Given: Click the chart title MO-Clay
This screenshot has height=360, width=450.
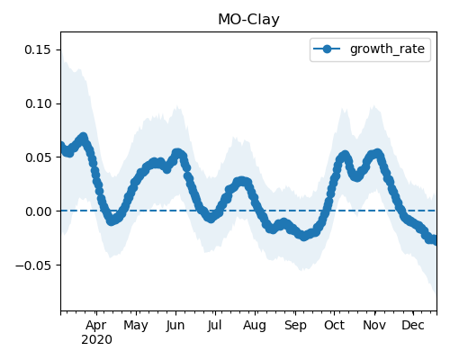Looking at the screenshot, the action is pos(248,20).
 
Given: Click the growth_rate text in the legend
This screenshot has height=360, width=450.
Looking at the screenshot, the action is pos(387,49).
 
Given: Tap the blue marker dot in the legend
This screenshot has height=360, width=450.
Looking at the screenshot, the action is pos(327,49).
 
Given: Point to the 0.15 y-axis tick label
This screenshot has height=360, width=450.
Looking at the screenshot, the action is pos(38,49).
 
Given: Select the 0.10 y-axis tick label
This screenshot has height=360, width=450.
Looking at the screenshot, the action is pos(38,103).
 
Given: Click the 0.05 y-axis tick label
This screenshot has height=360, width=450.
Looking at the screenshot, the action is pos(38,157).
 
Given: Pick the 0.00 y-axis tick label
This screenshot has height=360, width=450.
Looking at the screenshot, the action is pos(38,211).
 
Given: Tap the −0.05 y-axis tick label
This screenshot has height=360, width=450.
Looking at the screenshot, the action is pos(33,265).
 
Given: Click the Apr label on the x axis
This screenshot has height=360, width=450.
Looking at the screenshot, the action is pos(96,326).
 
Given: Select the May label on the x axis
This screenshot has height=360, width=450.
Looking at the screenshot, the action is pos(136,326).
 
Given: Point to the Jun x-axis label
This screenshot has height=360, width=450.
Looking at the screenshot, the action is pos(175,325).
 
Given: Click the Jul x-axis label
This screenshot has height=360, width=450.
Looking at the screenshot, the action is pos(214,325).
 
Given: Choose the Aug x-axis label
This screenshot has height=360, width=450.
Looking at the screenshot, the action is pos(255,326).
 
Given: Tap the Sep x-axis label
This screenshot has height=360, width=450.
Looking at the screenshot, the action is pos(295,326).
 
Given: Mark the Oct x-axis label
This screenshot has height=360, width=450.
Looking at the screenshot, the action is pos(334,325).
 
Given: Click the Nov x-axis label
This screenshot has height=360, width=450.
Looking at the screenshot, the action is pos(374,325).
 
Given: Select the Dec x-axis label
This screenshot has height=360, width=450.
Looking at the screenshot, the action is pos(413,325).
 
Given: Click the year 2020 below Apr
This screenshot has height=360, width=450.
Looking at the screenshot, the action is pos(96,340).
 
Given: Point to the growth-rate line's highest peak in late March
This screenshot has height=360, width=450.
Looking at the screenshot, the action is pos(83,138).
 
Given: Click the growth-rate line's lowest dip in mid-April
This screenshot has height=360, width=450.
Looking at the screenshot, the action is pos(112,221).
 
